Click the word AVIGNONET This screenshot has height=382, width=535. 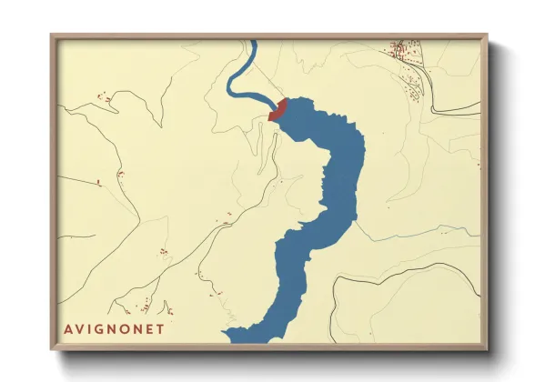pyautogui.click(x=115, y=328)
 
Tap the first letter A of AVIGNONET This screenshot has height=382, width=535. pyautogui.click(x=67, y=328)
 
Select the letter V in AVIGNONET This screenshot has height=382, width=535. pyautogui.click(x=79, y=328)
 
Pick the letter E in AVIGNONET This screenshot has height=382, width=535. pyautogui.click(x=150, y=328)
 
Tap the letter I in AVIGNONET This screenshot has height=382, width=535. pyautogui.click(x=89, y=328)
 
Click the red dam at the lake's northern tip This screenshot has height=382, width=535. pyautogui.click(x=278, y=111)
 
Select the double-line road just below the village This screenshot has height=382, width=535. pyautogui.click(x=455, y=112)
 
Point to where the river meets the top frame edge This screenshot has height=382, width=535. pyautogui.click(x=252, y=42)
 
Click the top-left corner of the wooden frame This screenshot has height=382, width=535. pyautogui.click(x=52, y=36)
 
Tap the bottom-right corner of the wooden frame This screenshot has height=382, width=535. pyautogui.click(x=486, y=349)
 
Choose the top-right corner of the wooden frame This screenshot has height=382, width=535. pyautogui.click(x=486, y=36)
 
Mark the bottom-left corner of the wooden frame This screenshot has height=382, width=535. pyautogui.click(x=52, y=349)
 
